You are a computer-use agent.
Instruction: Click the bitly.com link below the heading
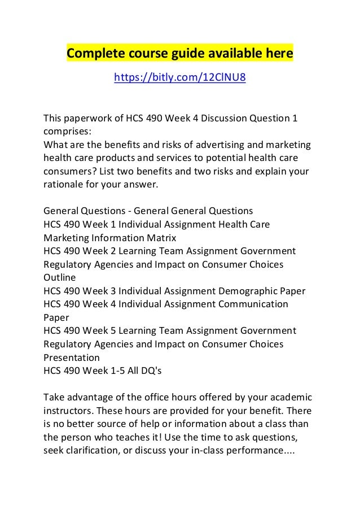(x=180, y=77)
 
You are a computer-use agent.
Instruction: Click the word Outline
(x=59, y=278)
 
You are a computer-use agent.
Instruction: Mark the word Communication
(x=253, y=304)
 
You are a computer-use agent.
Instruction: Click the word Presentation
(x=72, y=358)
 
